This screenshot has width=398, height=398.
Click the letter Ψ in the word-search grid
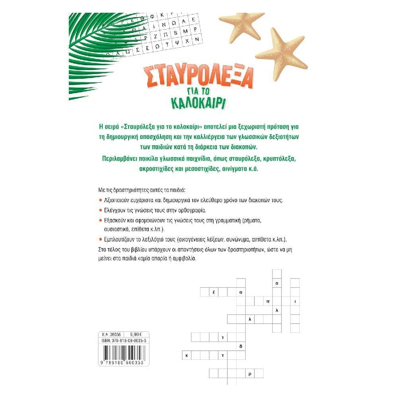click(177, 43)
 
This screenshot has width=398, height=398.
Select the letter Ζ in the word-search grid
click(156, 36)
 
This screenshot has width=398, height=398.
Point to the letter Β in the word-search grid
click(176, 33)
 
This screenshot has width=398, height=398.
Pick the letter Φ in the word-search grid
click(152, 17)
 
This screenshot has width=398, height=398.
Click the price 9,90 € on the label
click(136, 335)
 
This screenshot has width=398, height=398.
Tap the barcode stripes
click(124, 352)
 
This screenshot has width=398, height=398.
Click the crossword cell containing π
click(268, 301)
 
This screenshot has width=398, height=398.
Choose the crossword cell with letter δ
click(241, 346)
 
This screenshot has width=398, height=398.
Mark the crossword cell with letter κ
click(187, 355)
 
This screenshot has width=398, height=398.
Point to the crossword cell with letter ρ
click(250, 374)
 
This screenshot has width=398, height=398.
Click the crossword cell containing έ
click(214, 292)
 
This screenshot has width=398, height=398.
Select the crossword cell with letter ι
click(295, 301)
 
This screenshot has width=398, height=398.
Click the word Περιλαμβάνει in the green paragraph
click(117, 159)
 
